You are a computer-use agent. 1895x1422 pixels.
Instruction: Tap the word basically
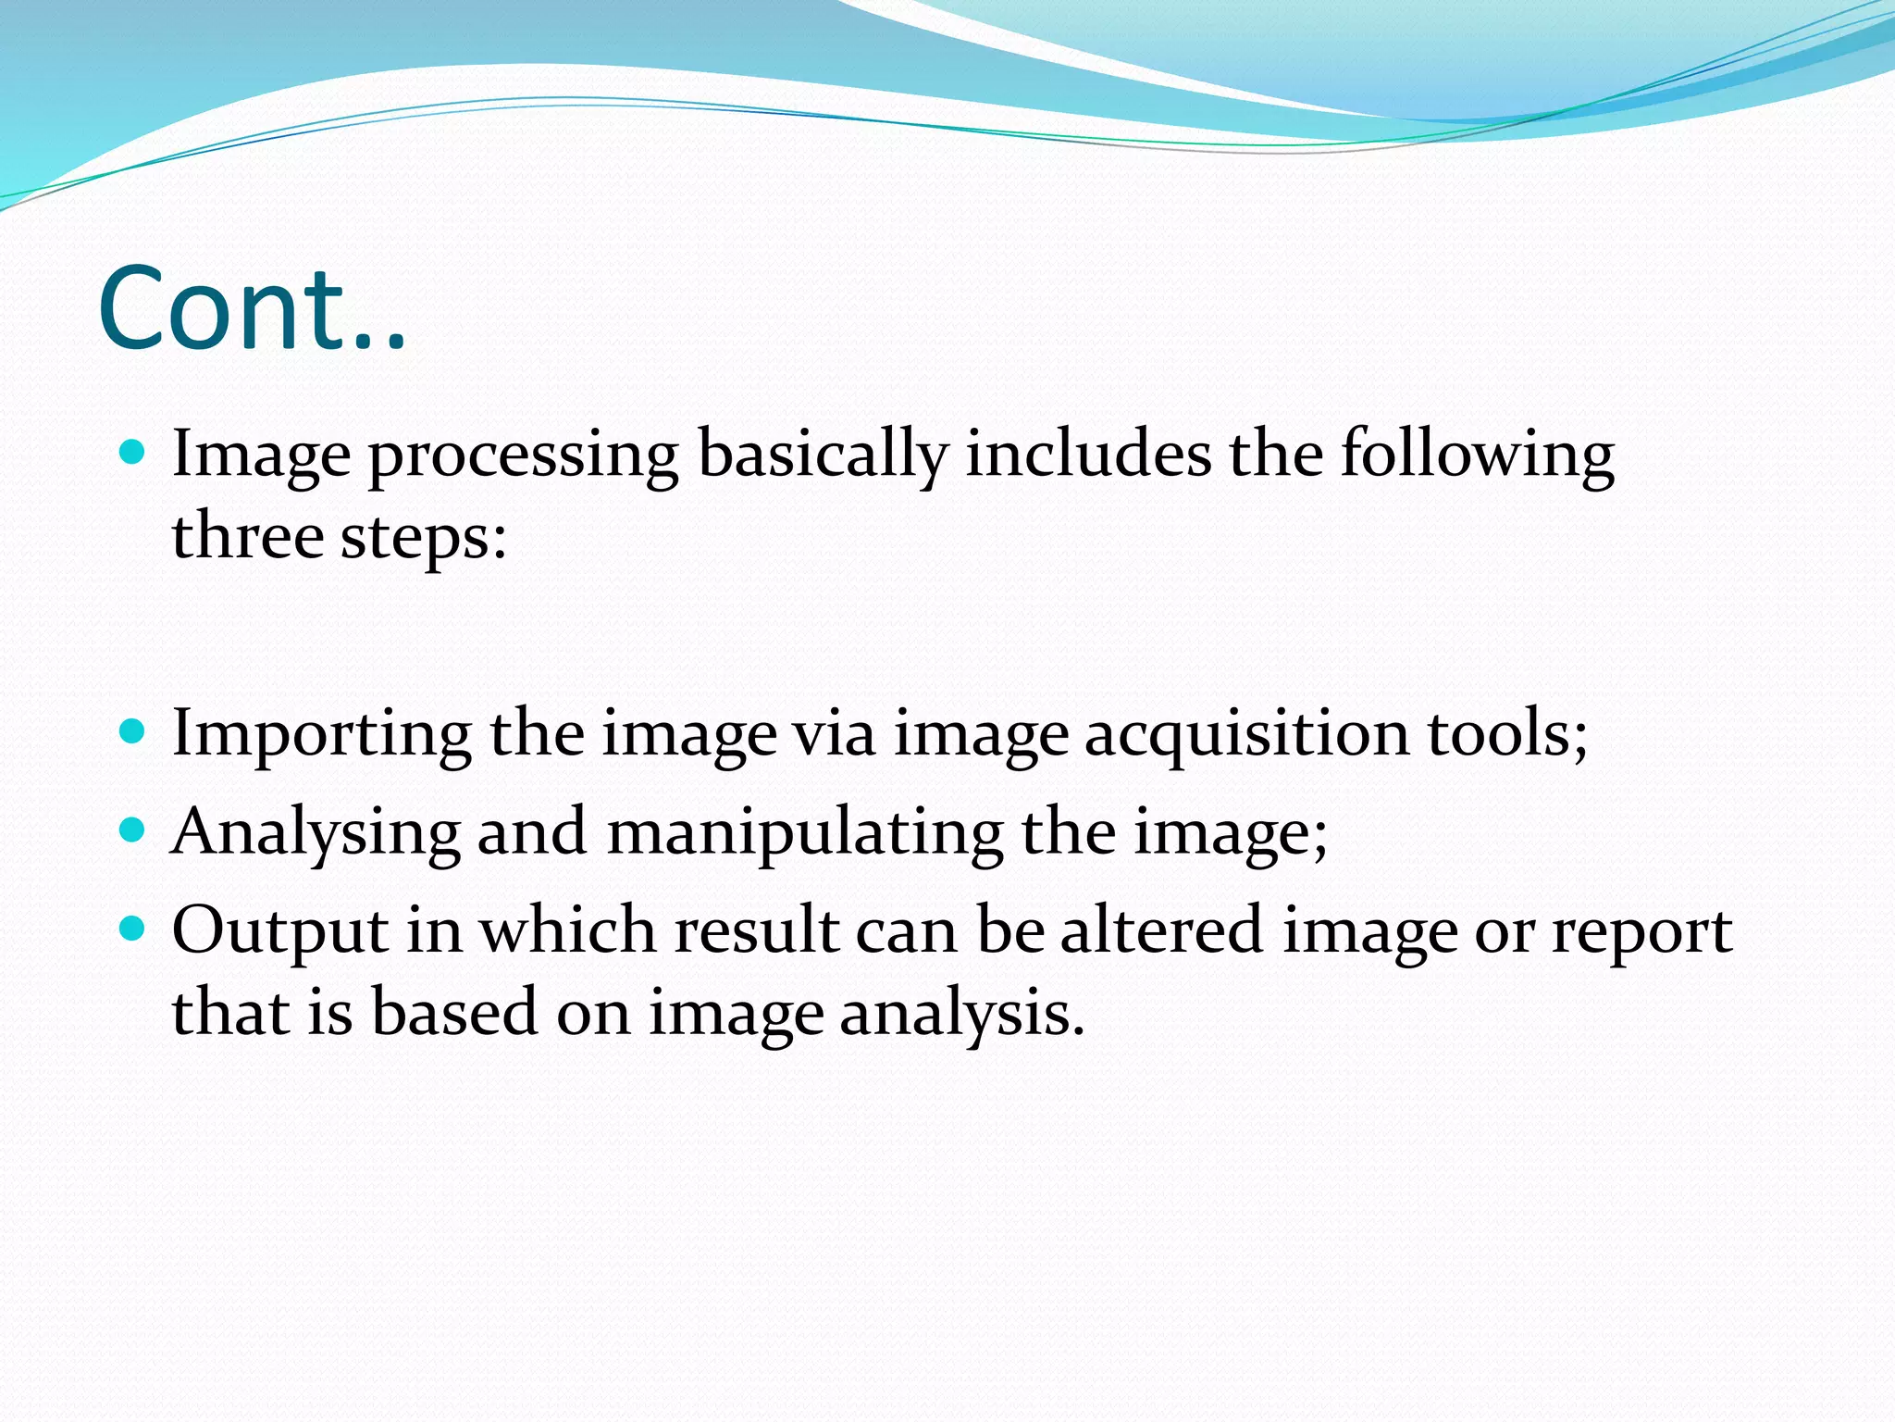click(823, 455)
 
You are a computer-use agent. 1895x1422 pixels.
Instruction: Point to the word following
click(1478, 455)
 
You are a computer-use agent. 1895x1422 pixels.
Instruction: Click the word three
click(247, 536)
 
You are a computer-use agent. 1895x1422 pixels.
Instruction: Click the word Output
click(279, 931)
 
